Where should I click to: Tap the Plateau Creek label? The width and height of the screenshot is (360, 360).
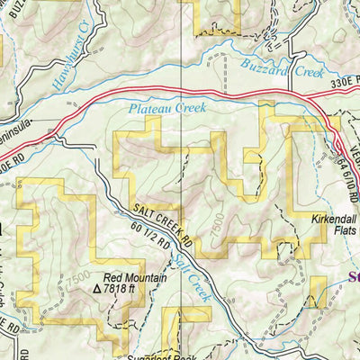167,108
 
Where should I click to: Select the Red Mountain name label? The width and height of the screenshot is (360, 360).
134,278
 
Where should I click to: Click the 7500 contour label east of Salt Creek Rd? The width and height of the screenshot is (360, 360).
239,224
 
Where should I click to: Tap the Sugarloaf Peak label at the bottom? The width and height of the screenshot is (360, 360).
180,355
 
